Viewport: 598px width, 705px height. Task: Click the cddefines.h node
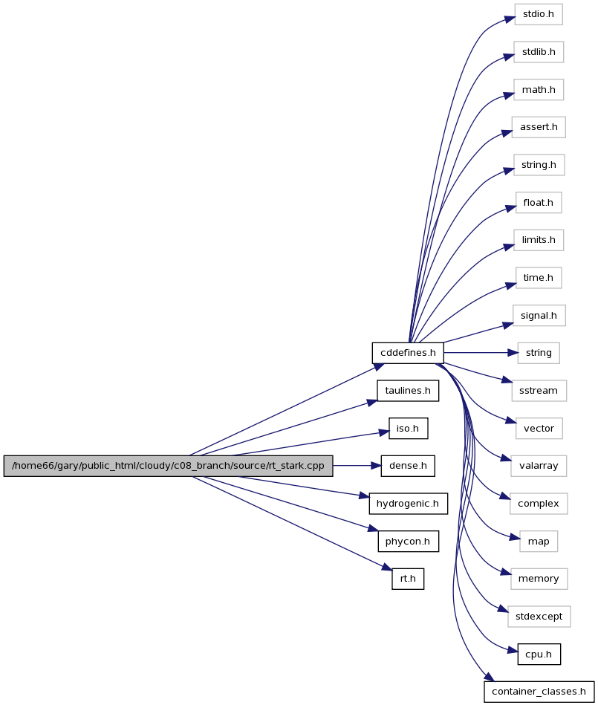pos(408,353)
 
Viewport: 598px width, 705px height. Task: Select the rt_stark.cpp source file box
pos(168,466)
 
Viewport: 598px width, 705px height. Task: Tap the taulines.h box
pos(408,391)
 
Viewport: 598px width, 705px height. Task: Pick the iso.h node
pos(409,429)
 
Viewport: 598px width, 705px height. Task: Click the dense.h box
pos(408,466)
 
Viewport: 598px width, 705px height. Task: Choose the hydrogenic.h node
pos(409,504)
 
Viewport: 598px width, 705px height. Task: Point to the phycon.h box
pos(408,542)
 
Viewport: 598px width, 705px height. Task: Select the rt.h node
pos(408,579)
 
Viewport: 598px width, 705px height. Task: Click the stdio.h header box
pos(539,14)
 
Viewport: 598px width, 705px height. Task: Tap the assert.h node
pos(539,127)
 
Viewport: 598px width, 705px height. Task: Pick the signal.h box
pos(539,316)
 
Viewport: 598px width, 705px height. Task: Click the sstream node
pos(539,391)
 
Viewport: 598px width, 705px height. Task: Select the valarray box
pos(539,466)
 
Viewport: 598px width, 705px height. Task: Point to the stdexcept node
pos(539,617)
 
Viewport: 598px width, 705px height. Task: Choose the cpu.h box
pos(539,654)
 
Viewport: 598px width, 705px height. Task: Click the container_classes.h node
pos(539,692)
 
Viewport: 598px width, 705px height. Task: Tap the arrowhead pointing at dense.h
pos(376,466)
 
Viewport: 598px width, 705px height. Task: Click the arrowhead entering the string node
pos(513,353)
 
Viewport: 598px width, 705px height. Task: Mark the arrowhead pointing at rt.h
pos(387,568)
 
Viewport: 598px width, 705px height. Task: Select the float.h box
pos(539,203)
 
